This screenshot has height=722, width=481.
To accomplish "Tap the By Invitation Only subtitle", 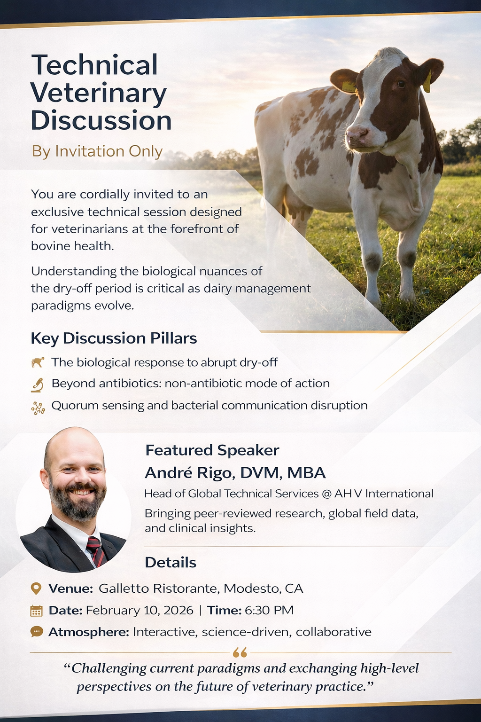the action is [x=97, y=151].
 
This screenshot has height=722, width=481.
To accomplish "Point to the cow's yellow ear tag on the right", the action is [x=427, y=82].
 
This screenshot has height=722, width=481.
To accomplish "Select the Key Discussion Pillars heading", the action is [x=114, y=338].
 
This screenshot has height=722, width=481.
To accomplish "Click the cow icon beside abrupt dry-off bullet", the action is [x=38, y=362].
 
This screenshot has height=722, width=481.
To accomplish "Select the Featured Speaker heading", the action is [x=212, y=450].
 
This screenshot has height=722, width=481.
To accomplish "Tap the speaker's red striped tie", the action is [x=96, y=551].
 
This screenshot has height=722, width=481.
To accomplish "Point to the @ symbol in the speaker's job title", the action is [x=326, y=494].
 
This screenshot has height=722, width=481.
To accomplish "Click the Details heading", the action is [x=171, y=563].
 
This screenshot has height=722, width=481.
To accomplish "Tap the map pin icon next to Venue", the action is [x=36, y=589].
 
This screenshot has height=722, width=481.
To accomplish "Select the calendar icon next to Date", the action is [x=37, y=611].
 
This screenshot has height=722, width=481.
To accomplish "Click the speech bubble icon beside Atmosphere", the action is [x=37, y=631].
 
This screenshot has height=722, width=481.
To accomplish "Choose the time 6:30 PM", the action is [x=269, y=610].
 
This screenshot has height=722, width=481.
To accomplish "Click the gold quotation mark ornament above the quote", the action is [x=240, y=652].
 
